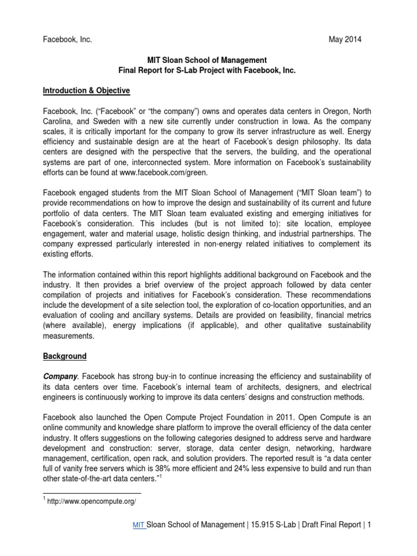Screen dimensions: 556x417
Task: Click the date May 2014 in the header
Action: (x=345, y=40)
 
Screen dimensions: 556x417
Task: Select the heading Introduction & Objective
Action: (x=87, y=90)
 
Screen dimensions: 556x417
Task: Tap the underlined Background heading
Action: (x=65, y=356)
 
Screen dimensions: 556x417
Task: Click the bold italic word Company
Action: (x=60, y=376)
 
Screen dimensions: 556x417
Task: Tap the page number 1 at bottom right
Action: (x=369, y=525)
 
